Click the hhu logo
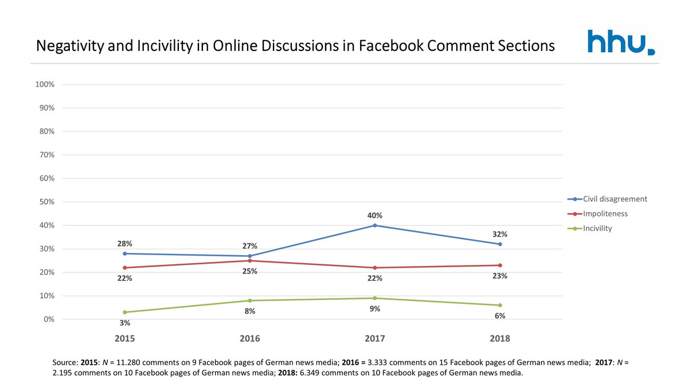click(621, 42)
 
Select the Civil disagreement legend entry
click(615, 199)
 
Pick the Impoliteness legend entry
click(605, 213)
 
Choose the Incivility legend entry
click(597, 228)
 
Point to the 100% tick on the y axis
click(45, 84)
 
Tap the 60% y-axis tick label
click(46, 178)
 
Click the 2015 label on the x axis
click(125, 338)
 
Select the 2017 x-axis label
click(375, 338)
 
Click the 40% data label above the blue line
click(375, 216)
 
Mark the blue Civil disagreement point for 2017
click(375, 225)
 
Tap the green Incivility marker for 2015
click(125, 312)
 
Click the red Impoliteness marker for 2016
click(250, 261)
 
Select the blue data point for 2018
click(500, 244)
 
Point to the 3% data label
click(125, 323)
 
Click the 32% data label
click(500, 234)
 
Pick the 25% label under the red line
click(250, 271)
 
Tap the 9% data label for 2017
click(375, 308)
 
